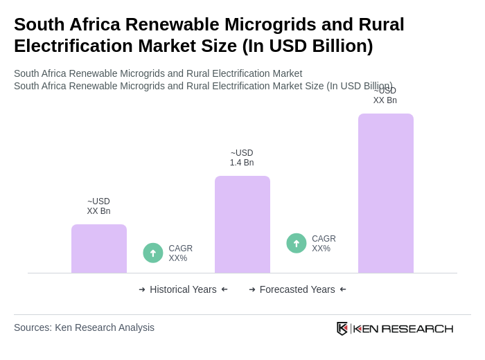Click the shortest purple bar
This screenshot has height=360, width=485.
(99, 249)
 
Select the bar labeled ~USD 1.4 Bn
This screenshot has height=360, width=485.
(242, 224)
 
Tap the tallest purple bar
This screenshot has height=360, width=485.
(386, 193)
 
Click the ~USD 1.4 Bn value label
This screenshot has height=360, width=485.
(242, 158)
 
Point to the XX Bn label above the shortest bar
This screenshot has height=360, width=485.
(98, 206)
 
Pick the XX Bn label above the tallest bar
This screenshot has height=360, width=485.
(385, 96)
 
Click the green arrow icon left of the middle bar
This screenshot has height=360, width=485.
(153, 253)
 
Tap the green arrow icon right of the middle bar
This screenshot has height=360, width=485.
(297, 243)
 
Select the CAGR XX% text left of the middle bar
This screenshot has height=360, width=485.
(180, 253)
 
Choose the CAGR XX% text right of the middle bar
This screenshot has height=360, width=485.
(324, 244)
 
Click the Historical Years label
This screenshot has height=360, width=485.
(183, 289)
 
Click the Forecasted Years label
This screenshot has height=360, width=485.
(297, 289)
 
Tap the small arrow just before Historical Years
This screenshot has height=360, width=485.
(142, 289)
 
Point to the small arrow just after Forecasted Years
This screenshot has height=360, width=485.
(343, 289)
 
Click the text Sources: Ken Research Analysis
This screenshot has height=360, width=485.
(84, 327)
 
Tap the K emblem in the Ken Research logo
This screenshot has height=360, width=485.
(342, 328)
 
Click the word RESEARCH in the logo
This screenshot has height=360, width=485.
(417, 328)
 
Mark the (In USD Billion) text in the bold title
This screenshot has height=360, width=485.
(307, 46)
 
